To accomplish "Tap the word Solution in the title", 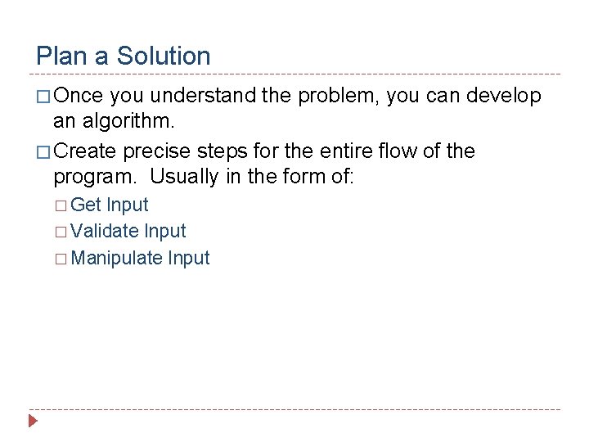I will coord(164,56).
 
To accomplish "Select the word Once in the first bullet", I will coord(79,97).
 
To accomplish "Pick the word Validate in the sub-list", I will coord(105,232).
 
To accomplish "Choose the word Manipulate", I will coord(117,259).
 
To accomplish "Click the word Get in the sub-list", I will coord(86,205).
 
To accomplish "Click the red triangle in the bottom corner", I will coord(33,422).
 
